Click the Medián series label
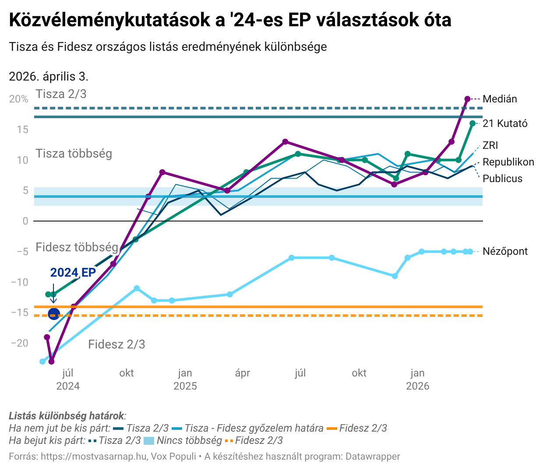tap(500, 99)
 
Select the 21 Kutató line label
tap(505, 123)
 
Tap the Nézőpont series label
tap(505, 251)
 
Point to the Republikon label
tap(508, 162)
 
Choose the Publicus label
tap(502, 179)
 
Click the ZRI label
tap(490, 145)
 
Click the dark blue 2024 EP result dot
tap(53, 314)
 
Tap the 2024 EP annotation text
tap(73, 272)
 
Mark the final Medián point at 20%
tap(467, 99)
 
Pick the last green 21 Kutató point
tap(472, 123)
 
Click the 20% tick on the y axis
tap(19, 99)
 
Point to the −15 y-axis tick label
tap(19, 313)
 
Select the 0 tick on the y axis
tap(25, 221)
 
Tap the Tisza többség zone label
tap(74, 154)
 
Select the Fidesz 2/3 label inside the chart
tap(116, 344)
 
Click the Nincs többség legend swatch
tap(149, 441)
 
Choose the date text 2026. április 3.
tap(49, 77)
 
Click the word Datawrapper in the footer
tap(373, 457)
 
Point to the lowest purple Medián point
tap(51, 362)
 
